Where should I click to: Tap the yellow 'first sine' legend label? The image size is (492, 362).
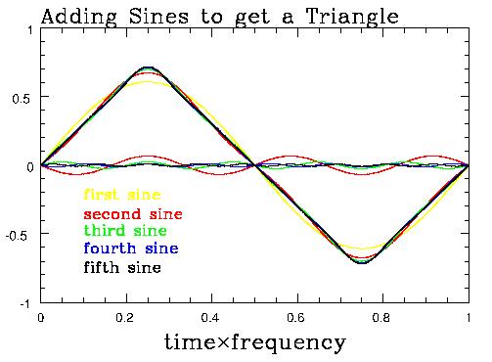coord(122,195)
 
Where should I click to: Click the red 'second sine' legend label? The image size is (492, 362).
coord(133,212)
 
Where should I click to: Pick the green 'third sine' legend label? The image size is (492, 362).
coord(126,230)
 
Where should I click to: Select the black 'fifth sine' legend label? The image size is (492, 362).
coord(122,266)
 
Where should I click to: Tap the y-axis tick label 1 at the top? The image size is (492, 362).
coord(30,30)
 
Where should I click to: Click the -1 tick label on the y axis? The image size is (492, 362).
coord(26,303)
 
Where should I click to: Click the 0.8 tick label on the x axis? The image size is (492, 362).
coord(382,318)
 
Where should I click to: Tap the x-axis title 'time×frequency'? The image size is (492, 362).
coord(253,343)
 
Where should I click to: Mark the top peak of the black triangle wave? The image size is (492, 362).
coord(147,68)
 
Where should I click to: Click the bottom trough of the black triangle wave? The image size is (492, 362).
coord(362,263)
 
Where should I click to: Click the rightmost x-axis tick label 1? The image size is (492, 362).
coord(469,318)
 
